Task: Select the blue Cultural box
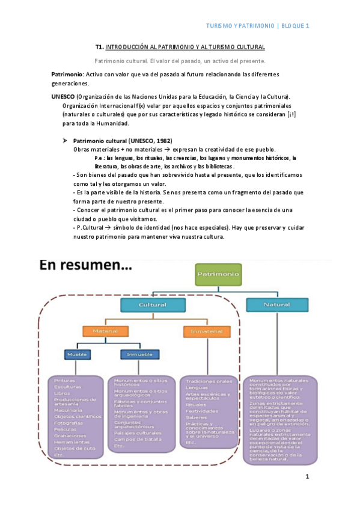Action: coord(152,306)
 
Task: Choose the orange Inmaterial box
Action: coord(206,331)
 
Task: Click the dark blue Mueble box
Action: coord(78,355)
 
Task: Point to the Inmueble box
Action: coord(139,355)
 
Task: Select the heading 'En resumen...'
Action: coord(86,266)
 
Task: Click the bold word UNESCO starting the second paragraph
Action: coord(63,97)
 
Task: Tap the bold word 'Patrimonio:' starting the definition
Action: coord(67,74)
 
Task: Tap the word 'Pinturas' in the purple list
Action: coord(64,380)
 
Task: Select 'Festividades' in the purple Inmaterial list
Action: coord(201,410)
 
